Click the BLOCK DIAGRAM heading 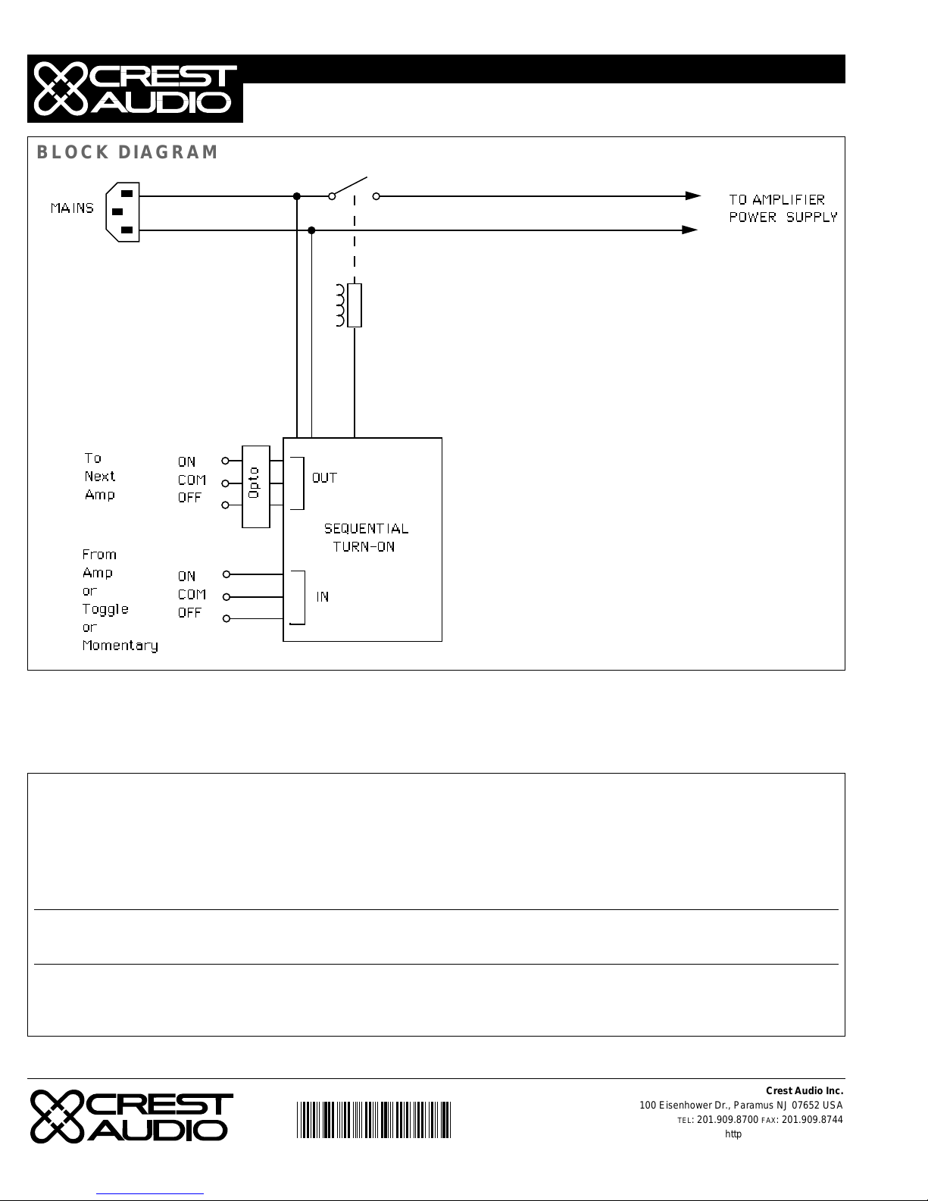click(127, 152)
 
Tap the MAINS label click(73, 208)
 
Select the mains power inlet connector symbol click(123, 212)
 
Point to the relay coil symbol click(349, 305)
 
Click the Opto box click(256, 486)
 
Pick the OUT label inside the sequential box click(324, 478)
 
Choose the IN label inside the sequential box click(323, 597)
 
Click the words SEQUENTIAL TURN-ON click(366, 538)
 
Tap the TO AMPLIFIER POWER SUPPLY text click(783, 208)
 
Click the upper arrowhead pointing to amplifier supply click(693, 195)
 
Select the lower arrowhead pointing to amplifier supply click(690, 230)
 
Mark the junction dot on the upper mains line click(297, 196)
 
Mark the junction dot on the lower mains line click(311, 230)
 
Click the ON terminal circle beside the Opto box click(225, 461)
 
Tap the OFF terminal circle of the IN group click(226, 618)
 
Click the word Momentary click(120, 646)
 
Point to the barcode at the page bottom click(374, 1120)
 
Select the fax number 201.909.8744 click(812, 1119)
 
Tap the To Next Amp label click(100, 477)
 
